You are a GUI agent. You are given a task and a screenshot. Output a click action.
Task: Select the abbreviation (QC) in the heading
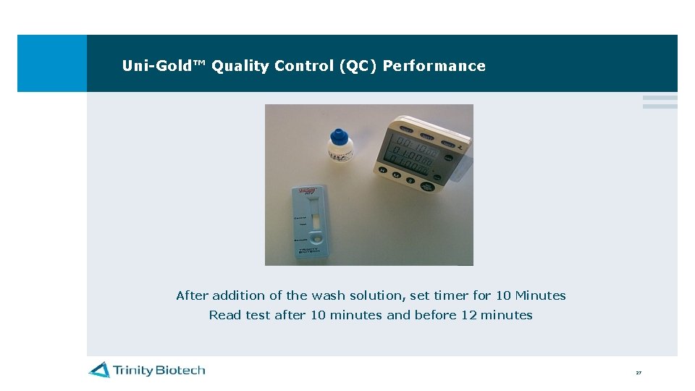(357, 66)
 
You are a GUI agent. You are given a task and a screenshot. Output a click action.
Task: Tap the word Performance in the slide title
(434, 66)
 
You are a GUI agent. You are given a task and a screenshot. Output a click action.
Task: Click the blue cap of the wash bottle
(338, 136)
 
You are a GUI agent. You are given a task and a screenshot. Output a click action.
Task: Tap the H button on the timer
(384, 171)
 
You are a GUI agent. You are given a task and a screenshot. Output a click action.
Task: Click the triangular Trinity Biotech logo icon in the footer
(99, 370)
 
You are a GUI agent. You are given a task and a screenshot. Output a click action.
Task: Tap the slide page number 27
(639, 373)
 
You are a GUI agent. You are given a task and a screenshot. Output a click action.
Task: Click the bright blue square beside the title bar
(51, 63)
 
